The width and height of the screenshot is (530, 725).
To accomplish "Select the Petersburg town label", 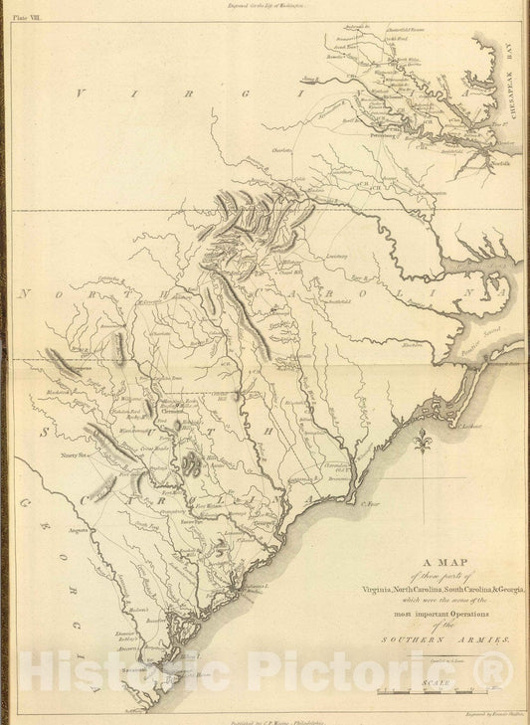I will click(386, 127).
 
